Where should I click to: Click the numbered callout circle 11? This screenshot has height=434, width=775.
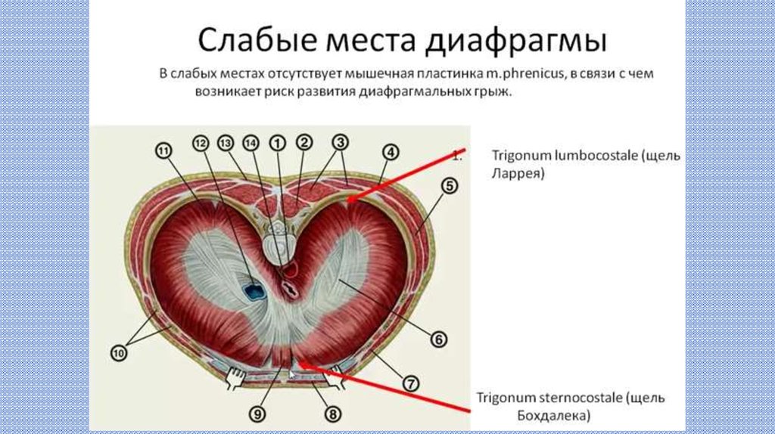[x=163, y=151]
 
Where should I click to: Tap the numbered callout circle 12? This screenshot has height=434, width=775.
[x=200, y=143]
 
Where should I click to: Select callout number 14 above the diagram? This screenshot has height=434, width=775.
[x=251, y=143]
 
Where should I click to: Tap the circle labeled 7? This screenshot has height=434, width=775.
[x=409, y=383]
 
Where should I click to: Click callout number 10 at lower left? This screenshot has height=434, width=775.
[x=119, y=352]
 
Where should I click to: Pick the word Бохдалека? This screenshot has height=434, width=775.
[x=553, y=415]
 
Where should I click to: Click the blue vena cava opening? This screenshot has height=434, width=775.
[x=252, y=290]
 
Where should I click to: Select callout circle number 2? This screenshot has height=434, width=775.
[x=303, y=142]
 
